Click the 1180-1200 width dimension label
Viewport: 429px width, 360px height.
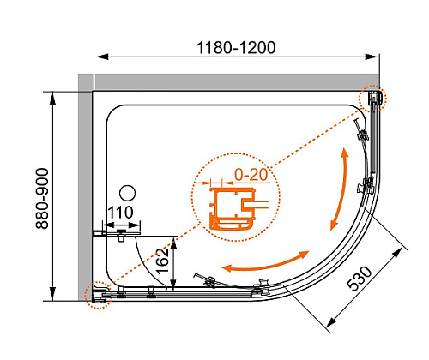click(236, 48)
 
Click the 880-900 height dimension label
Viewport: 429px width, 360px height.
click(42, 199)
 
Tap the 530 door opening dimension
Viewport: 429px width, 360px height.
click(360, 279)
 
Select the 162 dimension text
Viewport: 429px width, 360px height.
click(163, 261)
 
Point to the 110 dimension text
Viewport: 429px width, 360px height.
click(120, 213)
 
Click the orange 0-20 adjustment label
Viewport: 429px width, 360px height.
click(251, 174)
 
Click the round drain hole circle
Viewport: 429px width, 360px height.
click(127, 193)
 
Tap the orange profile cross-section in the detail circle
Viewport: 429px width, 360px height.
click(232, 209)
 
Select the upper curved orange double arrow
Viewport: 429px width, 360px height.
click(341, 189)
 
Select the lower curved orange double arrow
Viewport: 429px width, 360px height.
click(266, 264)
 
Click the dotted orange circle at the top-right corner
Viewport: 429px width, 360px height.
click(373, 99)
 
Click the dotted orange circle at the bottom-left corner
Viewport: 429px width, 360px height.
click(98, 295)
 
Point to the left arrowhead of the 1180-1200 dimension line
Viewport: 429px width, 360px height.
click(102, 57)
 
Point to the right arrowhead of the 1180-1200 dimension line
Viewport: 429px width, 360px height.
click(372, 57)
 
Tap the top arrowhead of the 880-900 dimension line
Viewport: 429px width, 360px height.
click(52, 99)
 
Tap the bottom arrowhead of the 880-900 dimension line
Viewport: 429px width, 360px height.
click(52, 294)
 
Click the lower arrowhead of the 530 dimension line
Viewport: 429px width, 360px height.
click(331, 322)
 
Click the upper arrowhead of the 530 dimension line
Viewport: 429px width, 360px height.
click(397, 254)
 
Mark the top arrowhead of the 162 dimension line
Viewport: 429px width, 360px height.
click(173, 243)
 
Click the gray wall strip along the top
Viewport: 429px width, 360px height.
click(229, 81)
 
